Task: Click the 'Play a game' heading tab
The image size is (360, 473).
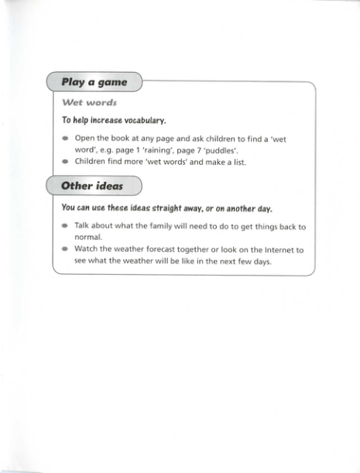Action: [x=96, y=81]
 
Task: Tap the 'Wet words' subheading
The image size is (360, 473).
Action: [x=89, y=102]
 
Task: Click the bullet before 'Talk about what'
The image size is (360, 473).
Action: [x=66, y=227]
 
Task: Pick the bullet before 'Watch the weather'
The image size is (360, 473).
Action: [x=66, y=250]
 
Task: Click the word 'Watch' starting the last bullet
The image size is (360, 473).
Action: [x=87, y=249]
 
